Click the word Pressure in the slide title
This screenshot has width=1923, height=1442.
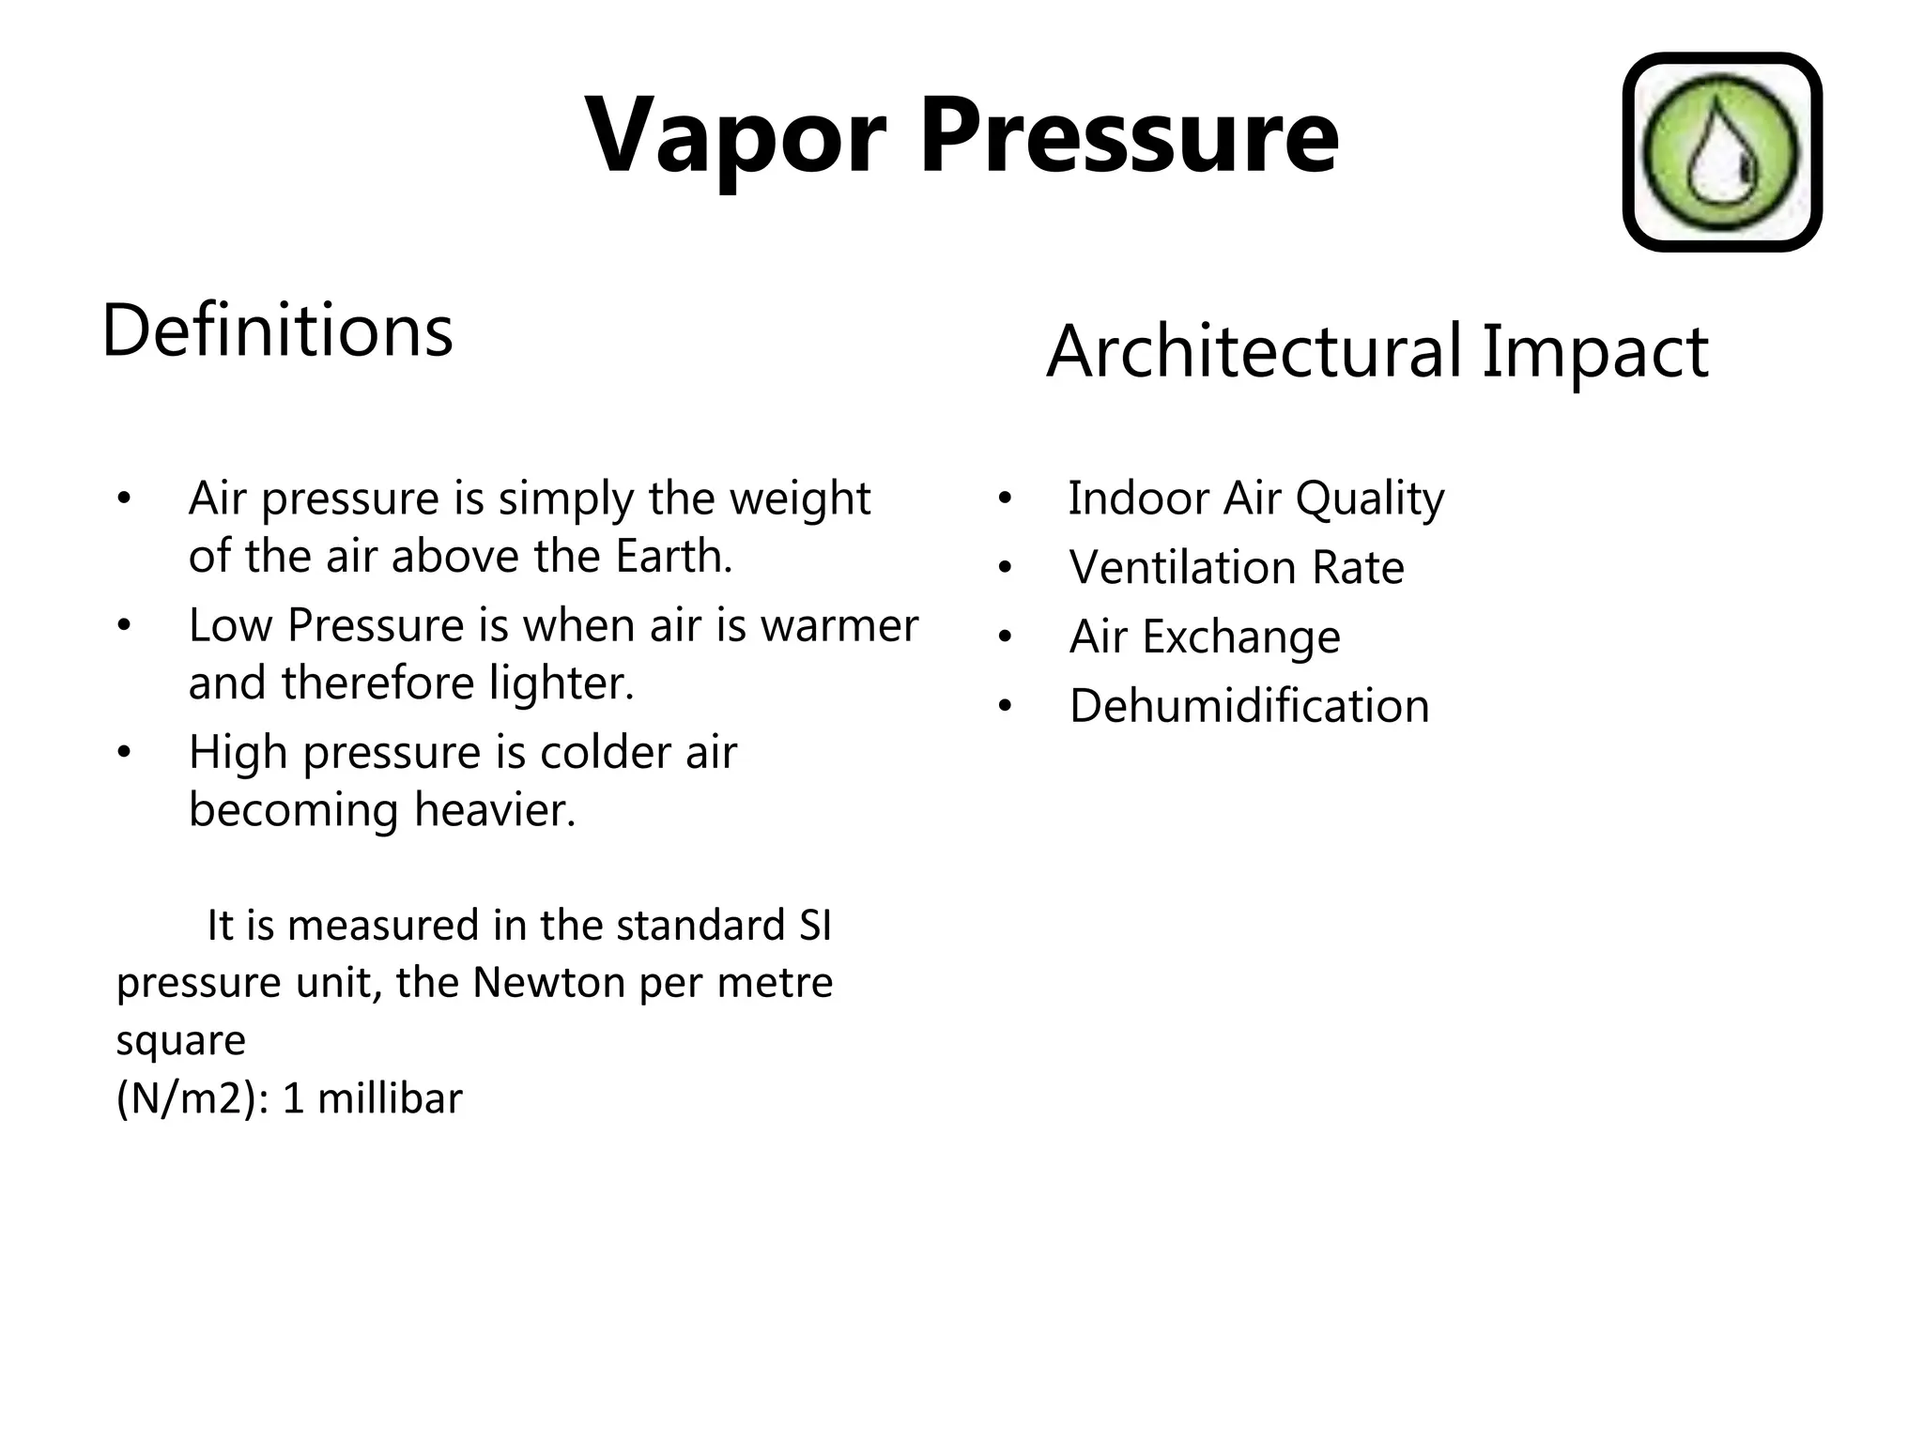click(1129, 137)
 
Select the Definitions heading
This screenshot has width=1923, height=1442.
click(277, 331)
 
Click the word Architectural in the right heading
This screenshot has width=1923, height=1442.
click(1254, 352)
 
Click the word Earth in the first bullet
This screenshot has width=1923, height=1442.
click(672, 557)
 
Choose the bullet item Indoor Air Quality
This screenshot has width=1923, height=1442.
click(1255, 499)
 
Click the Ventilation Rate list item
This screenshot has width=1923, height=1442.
click(1236, 568)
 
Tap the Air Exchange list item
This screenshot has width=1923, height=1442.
click(1205, 637)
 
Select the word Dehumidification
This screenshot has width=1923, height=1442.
click(1249, 707)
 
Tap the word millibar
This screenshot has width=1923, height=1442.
click(390, 1099)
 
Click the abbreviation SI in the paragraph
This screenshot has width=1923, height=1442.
click(815, 927)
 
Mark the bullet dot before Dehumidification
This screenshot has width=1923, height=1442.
click(1005, 707)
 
